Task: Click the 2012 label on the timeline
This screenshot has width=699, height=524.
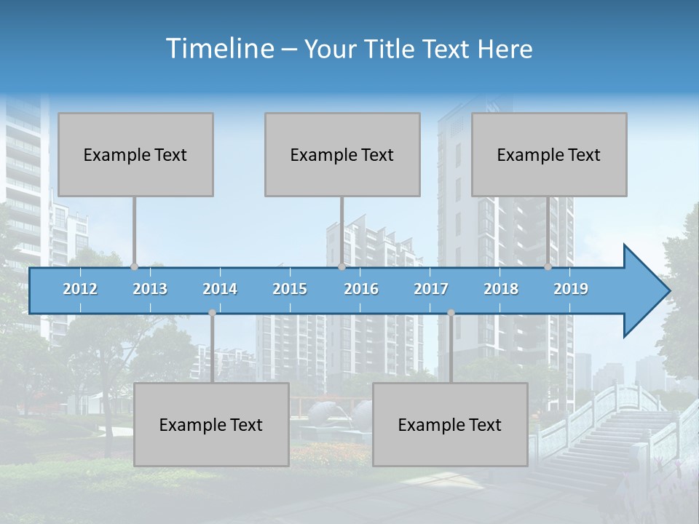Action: [x=80, y=289]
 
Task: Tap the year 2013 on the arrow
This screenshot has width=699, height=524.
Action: [x=150, y=289]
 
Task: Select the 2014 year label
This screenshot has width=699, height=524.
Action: [x=220, y=289]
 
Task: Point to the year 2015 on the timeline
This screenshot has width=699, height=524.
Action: [x=290, y=289]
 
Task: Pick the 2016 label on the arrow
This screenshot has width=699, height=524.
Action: [x=361, y=289]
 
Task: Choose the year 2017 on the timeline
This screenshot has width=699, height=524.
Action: [x=431, y=289]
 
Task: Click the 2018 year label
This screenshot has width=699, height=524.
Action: [x=501, y=289]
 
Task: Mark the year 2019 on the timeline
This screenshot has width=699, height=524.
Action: [x=571, y=289]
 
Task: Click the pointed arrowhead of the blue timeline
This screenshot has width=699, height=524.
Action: [x=648, y=291]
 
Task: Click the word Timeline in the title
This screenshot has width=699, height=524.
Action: [x=218, y=49]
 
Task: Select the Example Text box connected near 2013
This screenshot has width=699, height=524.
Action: [x=135, y=154]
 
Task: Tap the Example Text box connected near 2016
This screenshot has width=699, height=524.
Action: [x=342, y=154]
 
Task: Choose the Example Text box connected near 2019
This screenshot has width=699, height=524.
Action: [x=549, y=154]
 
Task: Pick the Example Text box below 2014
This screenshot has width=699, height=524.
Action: [x=211, y=424]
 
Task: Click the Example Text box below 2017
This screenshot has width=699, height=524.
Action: [x=450, y=424]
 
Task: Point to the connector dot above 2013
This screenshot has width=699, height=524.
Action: [x=134, y=267]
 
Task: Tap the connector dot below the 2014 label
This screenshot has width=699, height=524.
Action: [x=212, y=313]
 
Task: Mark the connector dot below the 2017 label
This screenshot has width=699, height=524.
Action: [x=451, y=313]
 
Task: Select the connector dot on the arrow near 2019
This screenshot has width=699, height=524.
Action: [x=548, y=267]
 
